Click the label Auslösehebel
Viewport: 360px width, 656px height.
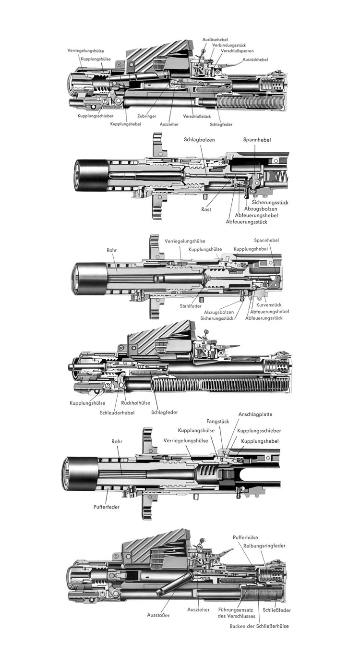[x=215, y=39]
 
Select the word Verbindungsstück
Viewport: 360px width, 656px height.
[x=229, y=45]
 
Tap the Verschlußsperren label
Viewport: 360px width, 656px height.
[x=233, y=51]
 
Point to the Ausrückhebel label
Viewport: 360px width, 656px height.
[x=255, y=60]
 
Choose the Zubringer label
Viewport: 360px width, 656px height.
[x=146, y=116]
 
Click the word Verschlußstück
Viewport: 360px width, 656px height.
[x=197, y=116]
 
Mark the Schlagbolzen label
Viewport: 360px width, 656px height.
[x=199, y=140]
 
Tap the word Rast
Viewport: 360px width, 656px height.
[x=206, y=209]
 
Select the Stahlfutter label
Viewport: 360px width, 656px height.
[x=191, y=306]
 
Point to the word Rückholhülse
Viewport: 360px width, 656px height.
[x=136, y=403]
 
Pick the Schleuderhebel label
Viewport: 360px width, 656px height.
[x=117, y=413]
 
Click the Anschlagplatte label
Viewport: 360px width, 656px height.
[x=255, y=414]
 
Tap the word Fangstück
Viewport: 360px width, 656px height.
[x=217, y=422]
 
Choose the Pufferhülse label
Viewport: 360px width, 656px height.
[x=246, y=538]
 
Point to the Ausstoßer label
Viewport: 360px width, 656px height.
[x=158, y=615]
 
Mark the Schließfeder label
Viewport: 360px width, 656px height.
[x=276, y=610]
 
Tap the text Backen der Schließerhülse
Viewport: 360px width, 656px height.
[x=259, y=626]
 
